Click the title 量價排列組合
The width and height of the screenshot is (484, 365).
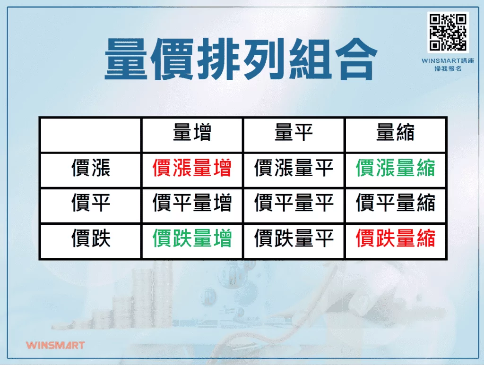tap(241, 60)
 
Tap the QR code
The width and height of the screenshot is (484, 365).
tap(448, 32)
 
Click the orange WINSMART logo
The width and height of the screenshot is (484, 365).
tap(55, 345)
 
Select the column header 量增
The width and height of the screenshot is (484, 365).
tap(192, 134)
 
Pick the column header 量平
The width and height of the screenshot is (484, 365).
tap(294, 134)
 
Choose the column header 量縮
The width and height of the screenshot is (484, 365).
tap(395, 134)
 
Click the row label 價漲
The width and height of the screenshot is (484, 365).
tap(91, 169)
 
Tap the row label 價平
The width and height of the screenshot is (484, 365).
tap(91, 204)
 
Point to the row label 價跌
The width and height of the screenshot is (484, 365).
tap(91, 239)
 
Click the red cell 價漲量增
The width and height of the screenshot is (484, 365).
tap(192, 169)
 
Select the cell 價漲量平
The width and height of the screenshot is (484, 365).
tap(294, 169)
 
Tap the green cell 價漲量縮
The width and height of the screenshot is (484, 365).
tap(395, 169)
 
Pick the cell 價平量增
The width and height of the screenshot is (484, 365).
tap(192, 204)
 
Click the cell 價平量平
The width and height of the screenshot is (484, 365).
tap(294, 204)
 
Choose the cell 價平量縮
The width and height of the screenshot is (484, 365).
tap(395, 204)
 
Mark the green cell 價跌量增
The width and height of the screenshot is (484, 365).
tap(192, 239)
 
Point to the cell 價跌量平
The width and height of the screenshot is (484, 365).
tap(294, 239)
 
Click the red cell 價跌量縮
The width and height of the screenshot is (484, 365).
tap(395, 239)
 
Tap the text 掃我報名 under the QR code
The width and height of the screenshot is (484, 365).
tap(448, 69)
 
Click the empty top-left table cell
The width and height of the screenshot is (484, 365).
tap(91, 135)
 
